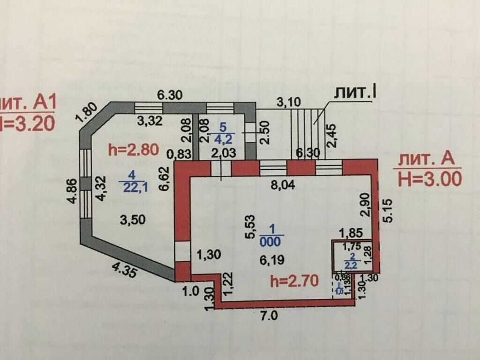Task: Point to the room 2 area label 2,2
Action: pyautogui.click(x=351, y=265)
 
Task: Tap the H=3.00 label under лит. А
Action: pyautogui.click(x=430, y=178)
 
